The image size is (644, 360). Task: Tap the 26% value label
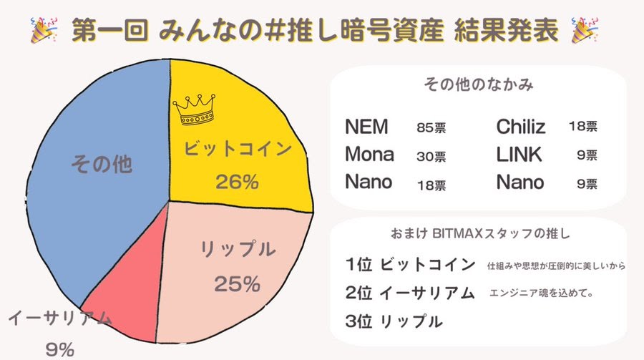(237, 182)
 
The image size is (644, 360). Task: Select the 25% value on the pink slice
(237, 284)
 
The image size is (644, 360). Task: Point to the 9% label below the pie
(60, 349)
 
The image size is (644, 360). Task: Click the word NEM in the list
(366, 127)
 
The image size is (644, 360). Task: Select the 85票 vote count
(431, 129)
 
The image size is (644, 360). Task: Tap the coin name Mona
(369, 155)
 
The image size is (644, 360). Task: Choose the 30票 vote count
(431, 156)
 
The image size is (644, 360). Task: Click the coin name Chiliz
(521, 127)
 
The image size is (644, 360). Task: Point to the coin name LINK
(519, 155)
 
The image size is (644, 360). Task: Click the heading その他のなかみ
(478, 84)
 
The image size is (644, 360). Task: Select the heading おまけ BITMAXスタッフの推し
(478, 233)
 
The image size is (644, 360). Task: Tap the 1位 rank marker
(358, 264)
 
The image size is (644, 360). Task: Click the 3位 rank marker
(358, 321)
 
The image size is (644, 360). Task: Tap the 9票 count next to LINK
(588, 156)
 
